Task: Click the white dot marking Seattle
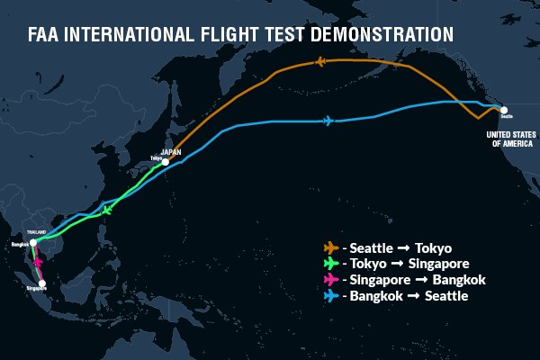tap(503, 110)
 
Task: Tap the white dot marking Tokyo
tap(166, 162)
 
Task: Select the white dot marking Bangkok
tap(32, 243)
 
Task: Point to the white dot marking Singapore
tap(41, 283)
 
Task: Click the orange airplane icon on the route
tap(320, 62)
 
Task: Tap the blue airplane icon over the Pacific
tap(328, 121)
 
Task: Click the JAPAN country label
tap(171, 151)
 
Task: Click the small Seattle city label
tap(505, 117)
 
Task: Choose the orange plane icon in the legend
tap(330, 247)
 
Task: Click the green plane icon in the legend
tap(330, 264)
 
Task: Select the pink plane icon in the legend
tap(330, 280)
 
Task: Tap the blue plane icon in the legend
tap(330, 296)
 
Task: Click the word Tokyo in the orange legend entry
tap(432, 247)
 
